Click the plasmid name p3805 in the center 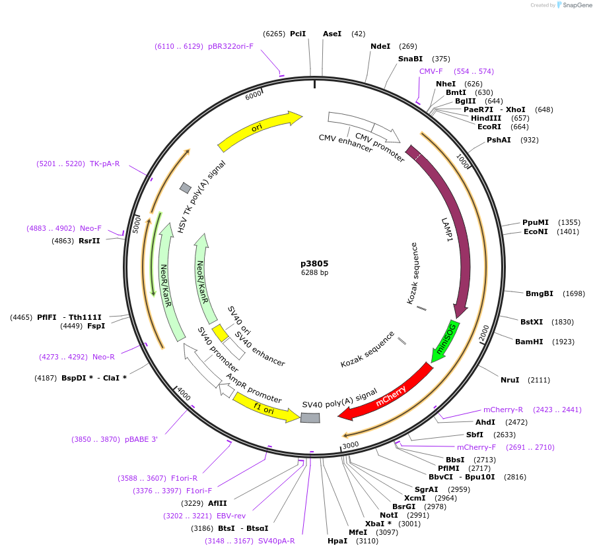coord(314,263)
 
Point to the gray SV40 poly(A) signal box coord(310,417)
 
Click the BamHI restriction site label coord(529,342)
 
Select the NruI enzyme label coord(510,380)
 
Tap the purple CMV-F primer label coord(431,71)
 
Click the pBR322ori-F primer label coord(230,46)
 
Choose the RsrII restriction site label coord(89,241)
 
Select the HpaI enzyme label coord(337,541)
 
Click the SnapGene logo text coord(575,5)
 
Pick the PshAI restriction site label coord(499,140)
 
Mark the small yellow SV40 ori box coord(220,333)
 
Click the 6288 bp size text coord(314,272)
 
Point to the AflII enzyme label coord(217,503)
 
